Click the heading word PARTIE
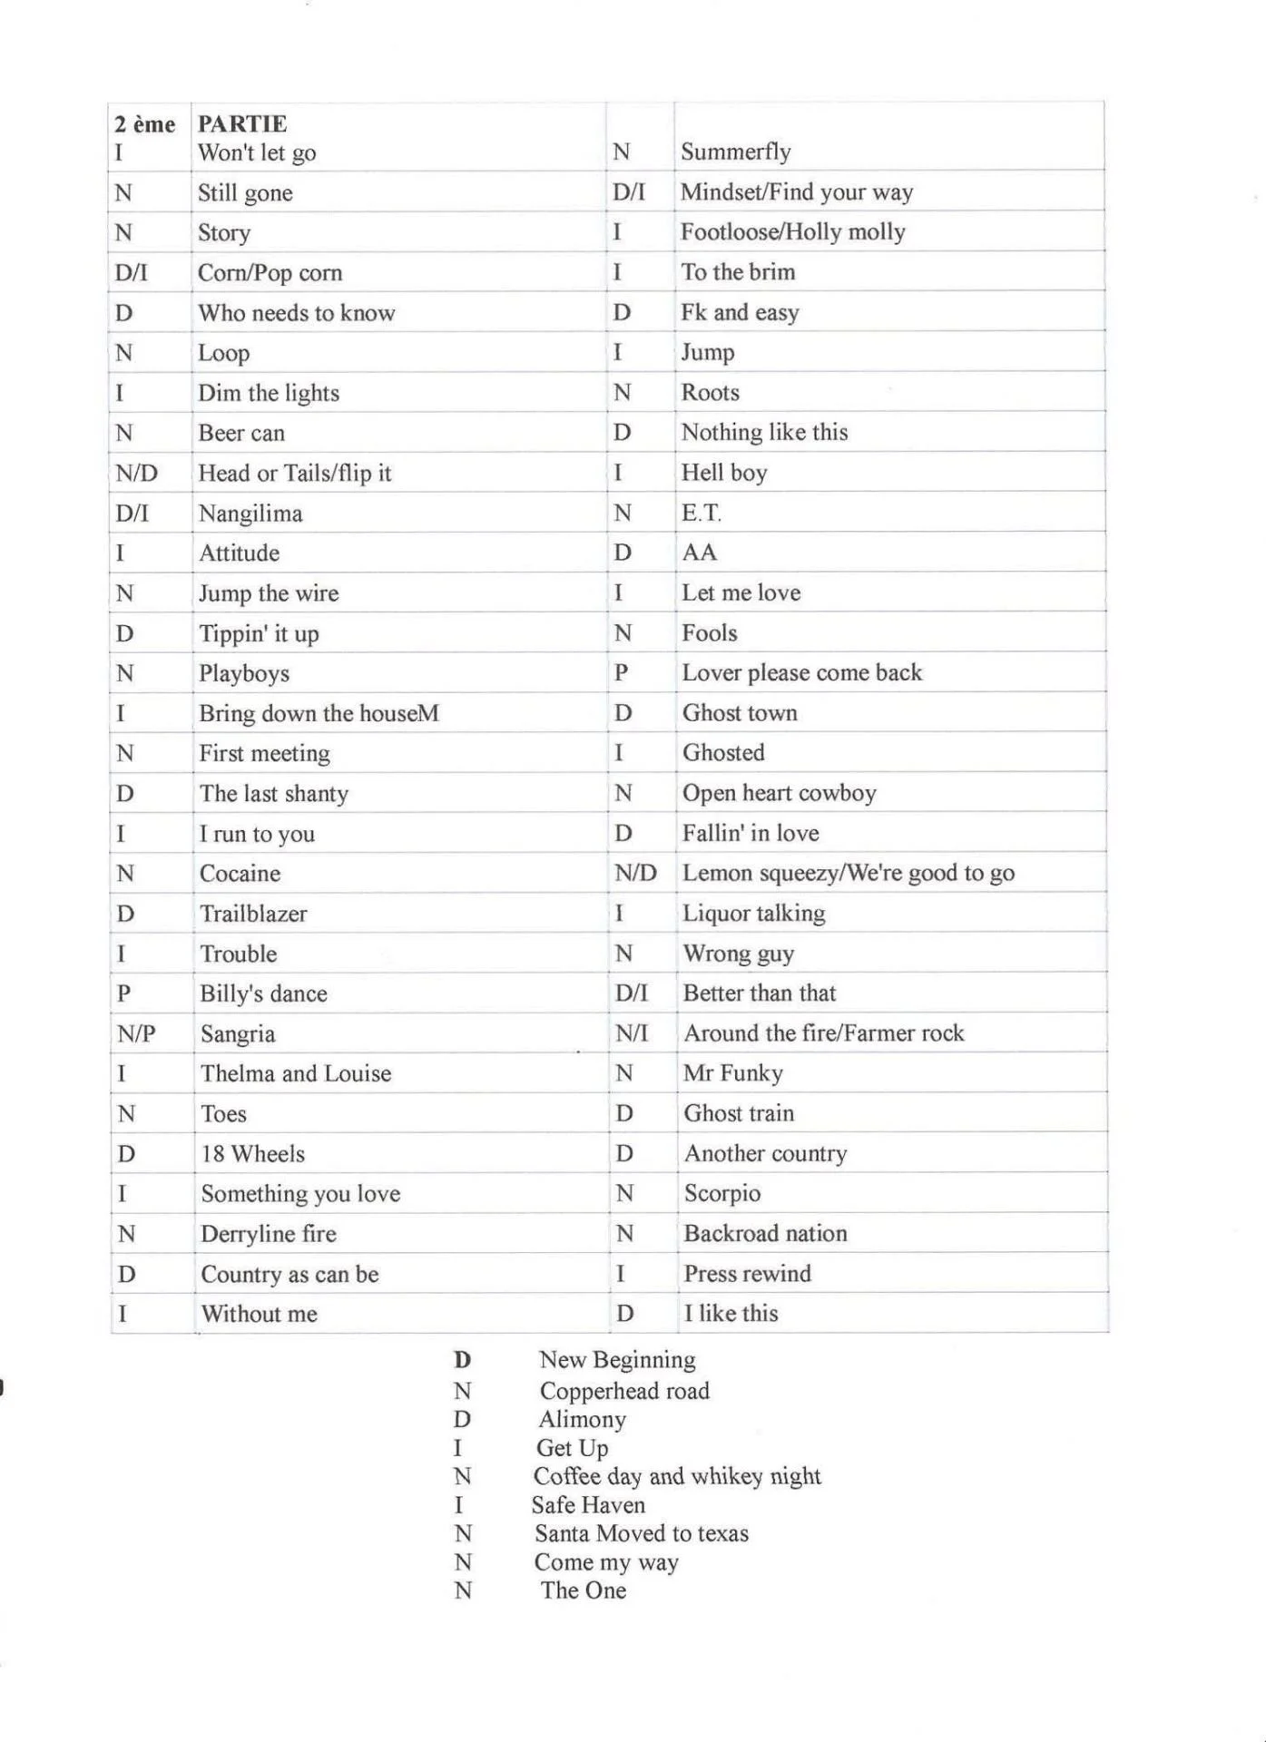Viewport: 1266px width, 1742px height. point(242,123)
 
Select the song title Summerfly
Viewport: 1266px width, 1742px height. point(735,152)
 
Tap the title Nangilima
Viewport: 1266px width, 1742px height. point(250,514)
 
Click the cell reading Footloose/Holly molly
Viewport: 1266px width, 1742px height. point(792,232)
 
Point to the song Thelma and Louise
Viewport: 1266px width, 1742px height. point(296,1073)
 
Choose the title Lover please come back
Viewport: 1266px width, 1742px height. point(801,672)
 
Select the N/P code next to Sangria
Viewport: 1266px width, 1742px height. point(136,1033)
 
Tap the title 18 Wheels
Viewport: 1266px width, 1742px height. point(252,1154)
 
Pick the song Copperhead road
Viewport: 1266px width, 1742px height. point(624,1391)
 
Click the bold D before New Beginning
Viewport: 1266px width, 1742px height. point(462,1360)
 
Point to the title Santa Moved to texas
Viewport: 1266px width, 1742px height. point(641,1533)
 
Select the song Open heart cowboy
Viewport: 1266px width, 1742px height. point(779,793)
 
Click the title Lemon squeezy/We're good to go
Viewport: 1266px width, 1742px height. point(848,873)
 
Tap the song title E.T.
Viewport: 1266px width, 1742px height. point(701,513)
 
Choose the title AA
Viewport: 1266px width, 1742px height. point(699,553)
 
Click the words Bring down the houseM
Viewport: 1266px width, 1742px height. point(319,713)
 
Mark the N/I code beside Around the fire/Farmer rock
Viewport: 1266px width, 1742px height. point(632,1032)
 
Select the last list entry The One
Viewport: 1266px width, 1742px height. point(583,1590)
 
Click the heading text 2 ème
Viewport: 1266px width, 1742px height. point(144,123)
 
